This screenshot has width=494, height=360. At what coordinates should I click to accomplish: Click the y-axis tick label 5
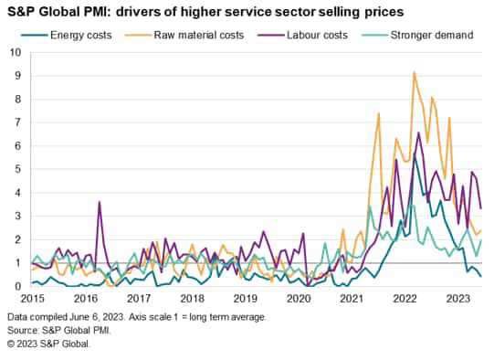pyautogui.click(x=18, y=170)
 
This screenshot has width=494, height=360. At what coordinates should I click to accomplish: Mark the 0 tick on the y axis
pyautogui.click(x=18, y=287)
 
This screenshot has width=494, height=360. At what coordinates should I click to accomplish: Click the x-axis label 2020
pyautogui.click(x=299, y=299)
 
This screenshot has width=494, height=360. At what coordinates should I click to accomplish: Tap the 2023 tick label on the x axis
pyautogui.click(x=458, y=299)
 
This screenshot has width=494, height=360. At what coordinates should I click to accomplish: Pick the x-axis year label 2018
pyautogui.click(x=192, y=299)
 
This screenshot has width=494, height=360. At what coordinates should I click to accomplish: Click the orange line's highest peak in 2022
pyautogui.click(x=415, y=72)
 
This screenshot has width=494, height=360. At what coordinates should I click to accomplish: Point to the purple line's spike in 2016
pyautogui.click(x=100, y=202)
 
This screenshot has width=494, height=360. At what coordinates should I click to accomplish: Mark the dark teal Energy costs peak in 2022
pyautogui.click(x=415, y=155)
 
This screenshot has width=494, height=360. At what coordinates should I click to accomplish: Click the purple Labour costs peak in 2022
pyautogui.click(x=418, y=133)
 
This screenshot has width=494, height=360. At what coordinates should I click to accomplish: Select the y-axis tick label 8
pyautogui.click(x=18, y=100)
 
